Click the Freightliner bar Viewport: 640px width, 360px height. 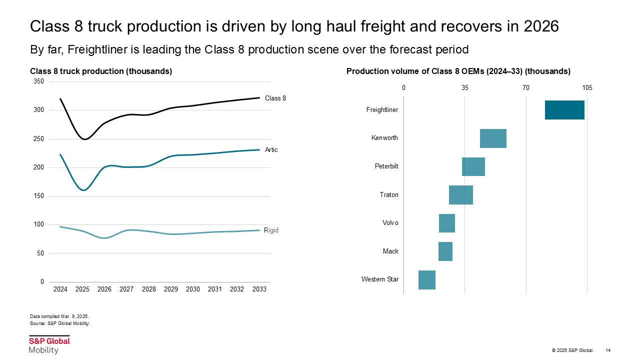[x=564, y=110]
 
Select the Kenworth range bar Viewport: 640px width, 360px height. [x=493, y=138]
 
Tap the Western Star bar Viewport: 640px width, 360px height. [x=427, y=280]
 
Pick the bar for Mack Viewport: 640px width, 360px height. [x=445, y=251]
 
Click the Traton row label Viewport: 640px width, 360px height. [x=389, y=194]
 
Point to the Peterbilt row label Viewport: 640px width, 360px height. [x=386, y=166]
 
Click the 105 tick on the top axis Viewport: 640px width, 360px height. [x=587, y=88]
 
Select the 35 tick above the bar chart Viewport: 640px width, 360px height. [x=465, y=88]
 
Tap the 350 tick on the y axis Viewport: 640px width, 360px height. [x=38, y=81]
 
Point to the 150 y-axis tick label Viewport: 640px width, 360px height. [x=38, y=196]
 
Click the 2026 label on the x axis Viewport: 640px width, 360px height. [x=104, y=289]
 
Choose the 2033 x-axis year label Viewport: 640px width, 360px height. [x=259, y=289]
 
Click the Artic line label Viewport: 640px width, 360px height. [x=271, y=150]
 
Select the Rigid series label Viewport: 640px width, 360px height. [x=271, y=230]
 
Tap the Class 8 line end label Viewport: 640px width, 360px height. [x=275, y=98]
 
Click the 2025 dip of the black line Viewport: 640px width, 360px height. [x=84, y=139]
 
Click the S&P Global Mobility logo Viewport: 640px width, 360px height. [x=49, y=345]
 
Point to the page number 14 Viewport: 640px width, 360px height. [x=608, y=350]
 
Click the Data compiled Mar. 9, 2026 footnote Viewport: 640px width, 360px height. [x=59, y=316]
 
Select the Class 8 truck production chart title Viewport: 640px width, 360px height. [x=101, y=71]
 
